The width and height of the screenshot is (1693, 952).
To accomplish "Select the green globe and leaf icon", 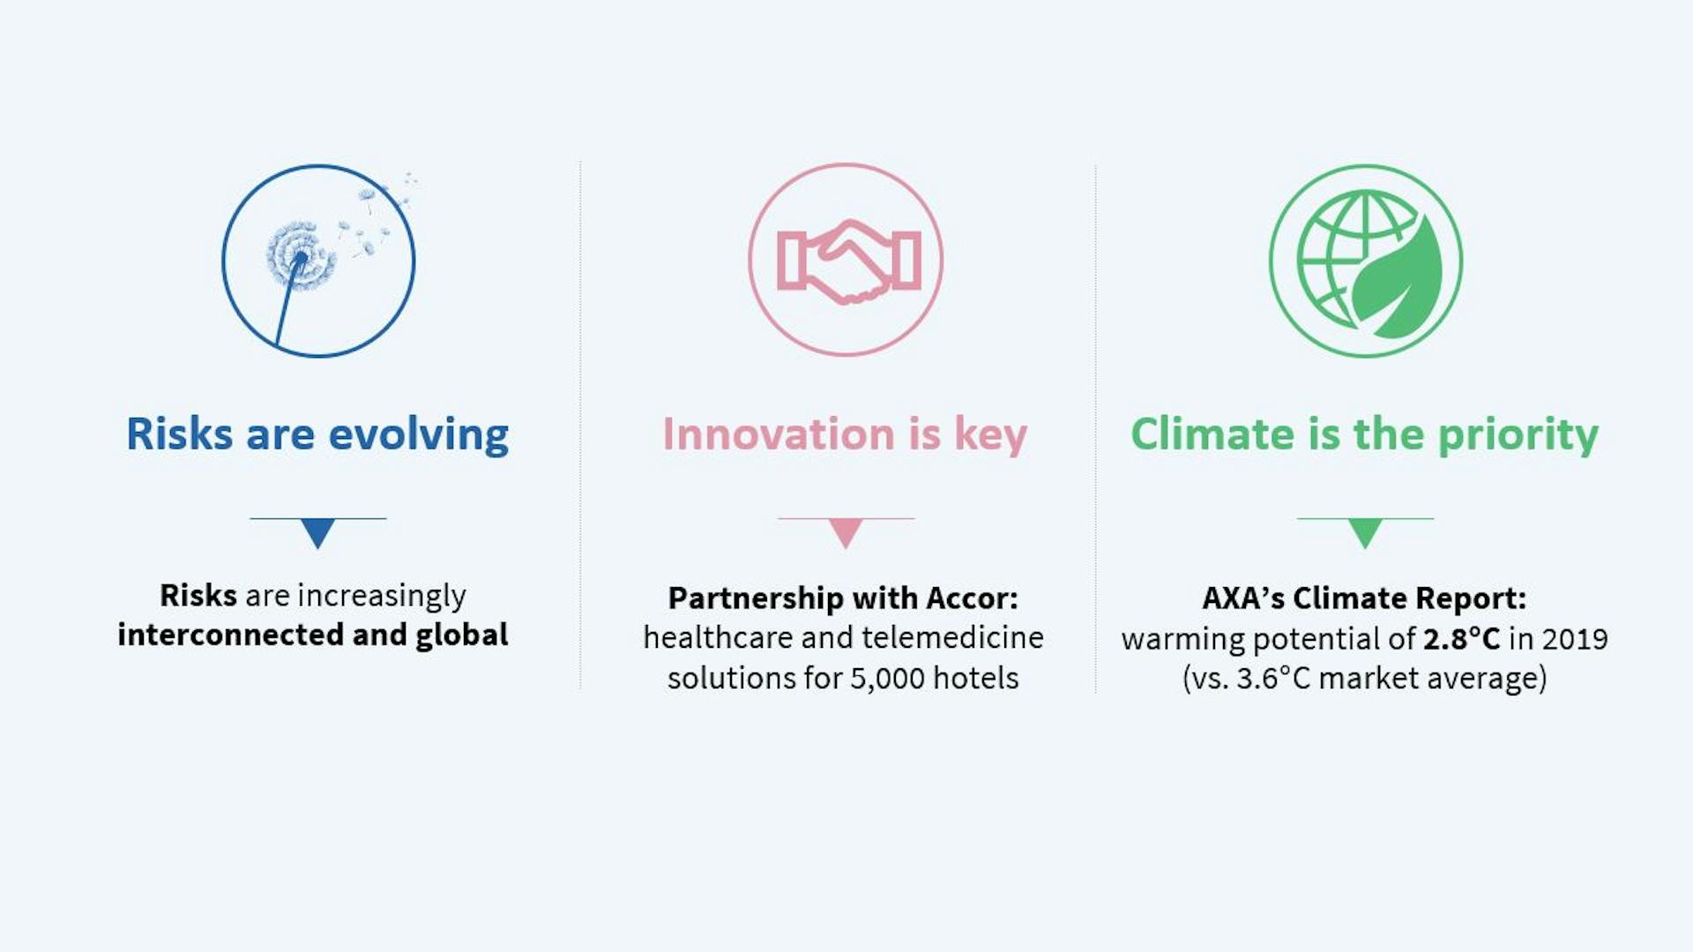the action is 1366,261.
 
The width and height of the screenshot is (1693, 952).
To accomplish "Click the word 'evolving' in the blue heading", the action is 418,435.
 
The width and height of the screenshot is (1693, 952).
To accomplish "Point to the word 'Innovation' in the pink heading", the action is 779,434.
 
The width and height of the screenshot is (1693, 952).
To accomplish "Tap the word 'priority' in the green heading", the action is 1518,435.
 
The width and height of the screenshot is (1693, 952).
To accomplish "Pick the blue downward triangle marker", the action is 317,532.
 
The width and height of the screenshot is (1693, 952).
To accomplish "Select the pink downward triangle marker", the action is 846,532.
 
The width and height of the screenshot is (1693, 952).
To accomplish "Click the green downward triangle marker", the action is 1365,532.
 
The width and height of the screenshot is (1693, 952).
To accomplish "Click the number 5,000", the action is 887,679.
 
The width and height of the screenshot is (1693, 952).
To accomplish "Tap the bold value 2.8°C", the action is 1461,639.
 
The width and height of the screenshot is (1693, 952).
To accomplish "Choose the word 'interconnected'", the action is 230,635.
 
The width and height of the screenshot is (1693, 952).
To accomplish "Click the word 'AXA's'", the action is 1243,599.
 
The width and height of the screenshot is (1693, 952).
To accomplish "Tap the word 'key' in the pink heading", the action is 991,435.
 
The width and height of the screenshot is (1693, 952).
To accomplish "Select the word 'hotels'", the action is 976,678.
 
